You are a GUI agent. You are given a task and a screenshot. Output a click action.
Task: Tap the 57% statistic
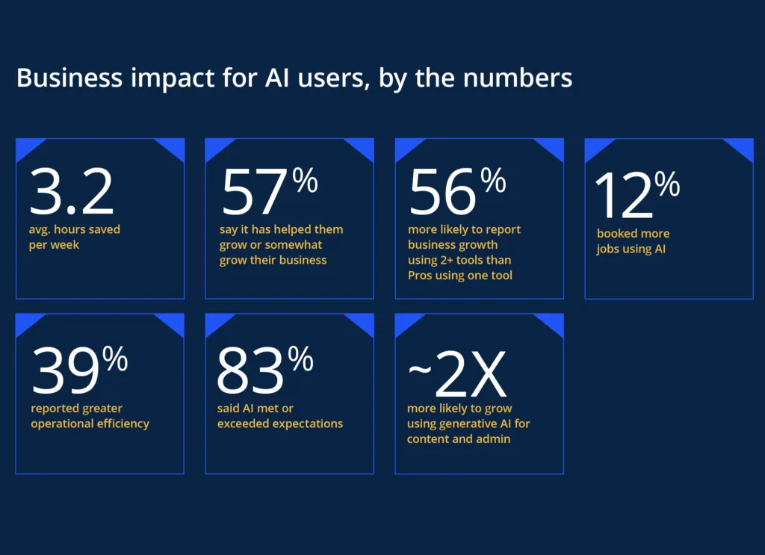[x=269, y=191]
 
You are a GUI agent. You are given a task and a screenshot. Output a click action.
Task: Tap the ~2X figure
[x=457, y=373]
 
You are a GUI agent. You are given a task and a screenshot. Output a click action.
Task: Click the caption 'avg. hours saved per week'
[x=74, y=238]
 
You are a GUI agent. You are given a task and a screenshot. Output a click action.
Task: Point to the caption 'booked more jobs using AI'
[x=632, y=241]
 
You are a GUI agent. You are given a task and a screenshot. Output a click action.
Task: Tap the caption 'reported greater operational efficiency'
[x=90, y=416]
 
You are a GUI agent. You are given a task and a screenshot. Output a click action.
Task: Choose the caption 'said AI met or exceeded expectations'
[x=280, y=416]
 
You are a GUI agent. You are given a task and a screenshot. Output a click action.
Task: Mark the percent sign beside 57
[x=305, y=182]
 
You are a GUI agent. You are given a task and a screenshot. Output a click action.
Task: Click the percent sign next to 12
[x=667, y=184]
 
